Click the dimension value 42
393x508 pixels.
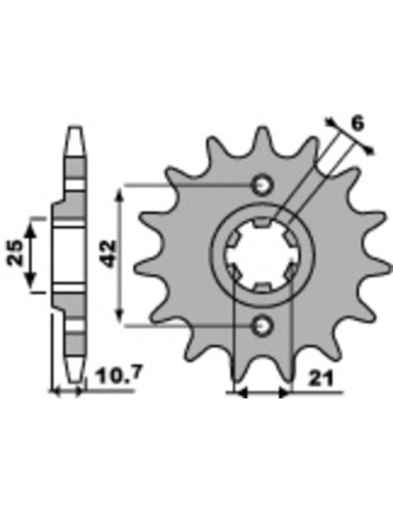tap(109, 254)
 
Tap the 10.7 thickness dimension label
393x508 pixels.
tap(119, 376)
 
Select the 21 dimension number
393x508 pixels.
tap(320, 378)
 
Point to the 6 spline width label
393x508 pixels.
tap(357, 124)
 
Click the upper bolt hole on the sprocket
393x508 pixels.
tap(262, 185)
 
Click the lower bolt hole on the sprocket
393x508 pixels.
tap(262, 325)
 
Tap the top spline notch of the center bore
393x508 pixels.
tap(262, 222)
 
